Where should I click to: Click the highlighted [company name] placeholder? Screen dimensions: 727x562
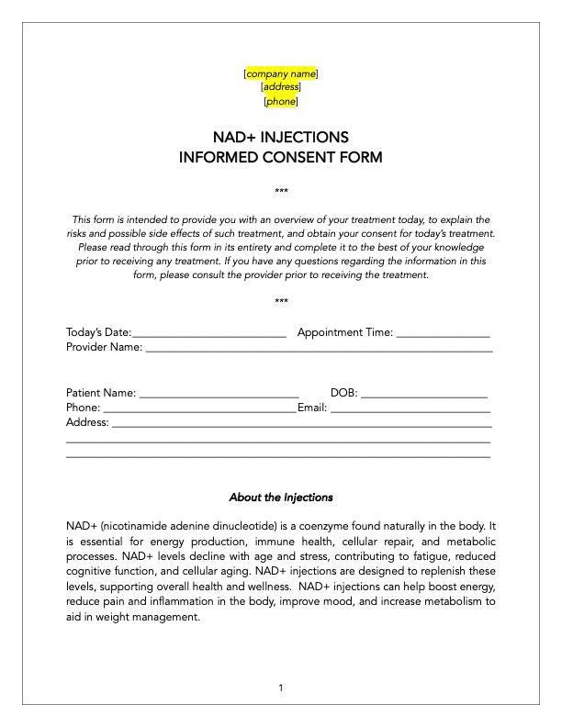pyautogui.click(x=281, y=73)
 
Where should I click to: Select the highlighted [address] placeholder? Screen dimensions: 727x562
pyautogui.click(x=281, y=87)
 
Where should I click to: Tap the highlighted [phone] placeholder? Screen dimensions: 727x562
pyautogui.click(x=281, y=102)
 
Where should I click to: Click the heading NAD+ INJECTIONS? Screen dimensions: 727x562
pyautogui.click(x=281, y=138)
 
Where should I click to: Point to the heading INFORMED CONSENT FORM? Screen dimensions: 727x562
pyautogui.click(x=281, y=157)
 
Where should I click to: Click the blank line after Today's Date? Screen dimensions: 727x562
pyautogui.click(x=209, y=334)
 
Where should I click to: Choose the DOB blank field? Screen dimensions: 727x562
pyautogui.click(x=424, y=395)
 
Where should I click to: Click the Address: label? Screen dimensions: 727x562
pyautogui.click(x=87, y=423)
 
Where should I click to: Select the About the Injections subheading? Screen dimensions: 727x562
pyautogui.click(x=281, y=498)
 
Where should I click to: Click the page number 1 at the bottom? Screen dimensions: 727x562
pyautogui.click(x=281, y=688)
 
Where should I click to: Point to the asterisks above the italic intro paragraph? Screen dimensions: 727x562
pyautogui.click(x=281, y=192)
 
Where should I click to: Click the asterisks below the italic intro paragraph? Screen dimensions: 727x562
pyautogui.click(x=281, y=302)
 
